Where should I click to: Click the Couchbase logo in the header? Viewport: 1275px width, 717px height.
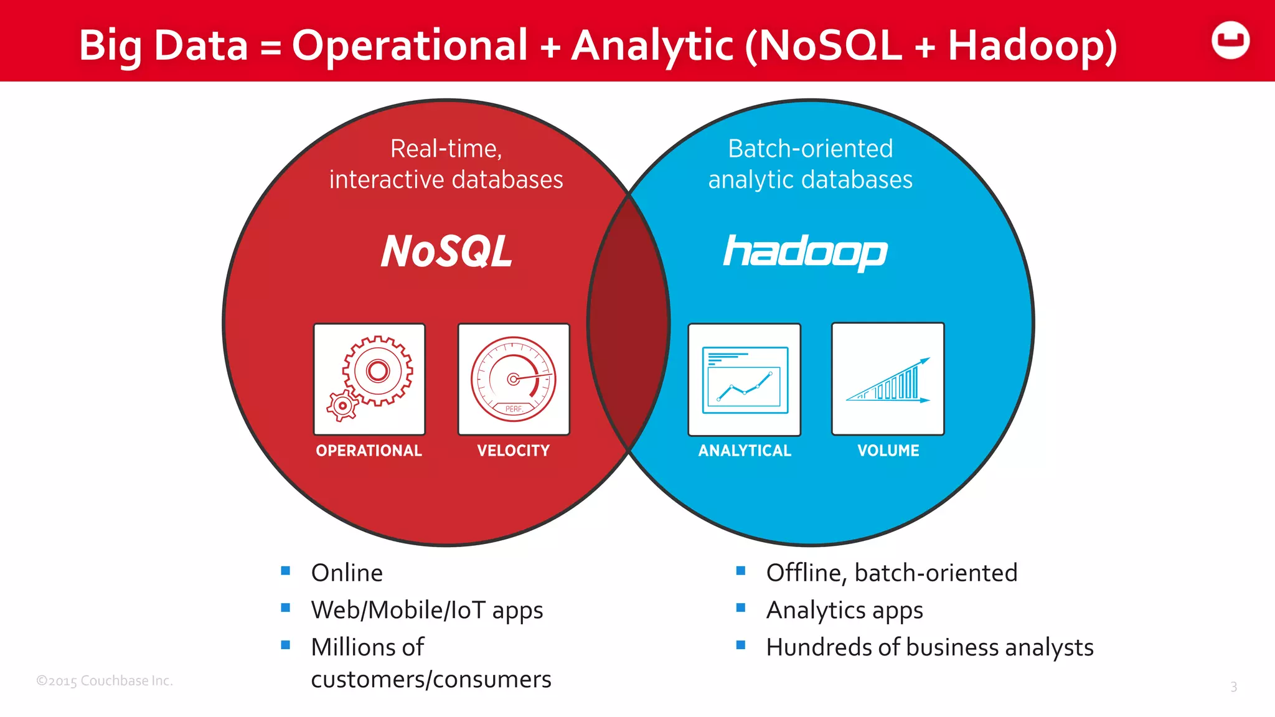[x=1230, y=41]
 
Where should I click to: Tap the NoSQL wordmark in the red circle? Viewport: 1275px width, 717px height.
[x=446, y=252]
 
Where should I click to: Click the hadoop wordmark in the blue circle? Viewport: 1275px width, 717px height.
[x=805, y=252]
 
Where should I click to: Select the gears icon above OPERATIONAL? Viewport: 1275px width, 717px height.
[x=369, y=379]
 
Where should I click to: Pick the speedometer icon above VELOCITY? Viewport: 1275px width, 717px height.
[x=514, y=379]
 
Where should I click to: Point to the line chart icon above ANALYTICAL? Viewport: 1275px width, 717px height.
[x=745, y=380]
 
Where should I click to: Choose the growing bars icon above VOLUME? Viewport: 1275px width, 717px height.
[x=888, y=379]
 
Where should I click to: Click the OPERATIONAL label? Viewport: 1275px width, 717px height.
[x=369, y=451]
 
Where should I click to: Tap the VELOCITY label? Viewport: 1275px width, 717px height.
[x=514, y=451]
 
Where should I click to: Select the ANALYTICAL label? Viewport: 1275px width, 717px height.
[x=745, y=451]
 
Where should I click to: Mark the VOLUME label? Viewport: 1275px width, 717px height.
[x=888, y=451]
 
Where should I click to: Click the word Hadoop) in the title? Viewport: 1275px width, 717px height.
[x=1032, y=46]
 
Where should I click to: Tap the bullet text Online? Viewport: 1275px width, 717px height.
[x=347, y=573]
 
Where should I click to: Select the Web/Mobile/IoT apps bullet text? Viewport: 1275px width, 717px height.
[x=427, y=610]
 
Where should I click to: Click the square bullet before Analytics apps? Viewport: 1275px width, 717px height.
[x=741, y=608]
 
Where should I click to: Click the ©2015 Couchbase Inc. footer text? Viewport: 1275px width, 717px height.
[x=105, y=681]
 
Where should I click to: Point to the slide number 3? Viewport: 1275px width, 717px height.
[x=1233, y=687]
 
